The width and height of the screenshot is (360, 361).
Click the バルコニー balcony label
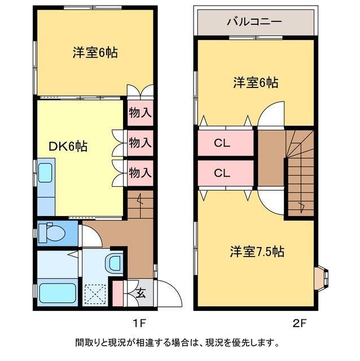pos(254,23)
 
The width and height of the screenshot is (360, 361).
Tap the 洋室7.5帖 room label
pos(256,252)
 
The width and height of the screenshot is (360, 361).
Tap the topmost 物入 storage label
pos(140,113)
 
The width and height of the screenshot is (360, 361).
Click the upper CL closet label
pos(222,143)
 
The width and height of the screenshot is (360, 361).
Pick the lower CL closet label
pos(222,173)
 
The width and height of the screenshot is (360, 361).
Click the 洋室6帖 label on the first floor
pos(95,53)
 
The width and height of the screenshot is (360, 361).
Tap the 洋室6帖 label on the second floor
pos(256,82)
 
